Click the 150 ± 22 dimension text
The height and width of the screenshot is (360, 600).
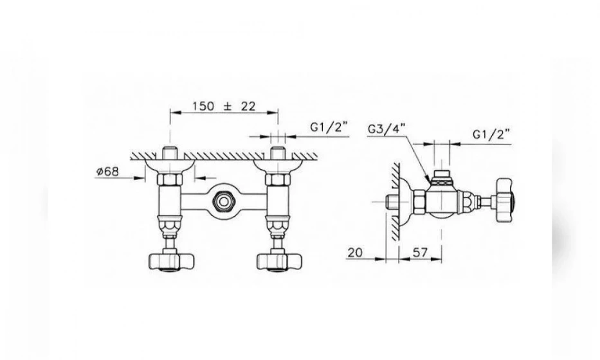[223, 106]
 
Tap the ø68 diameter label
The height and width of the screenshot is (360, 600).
[107, 172]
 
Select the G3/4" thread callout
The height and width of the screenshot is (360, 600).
[386, 129]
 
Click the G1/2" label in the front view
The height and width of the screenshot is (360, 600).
[329, 127]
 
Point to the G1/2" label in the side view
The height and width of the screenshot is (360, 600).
[492, 134]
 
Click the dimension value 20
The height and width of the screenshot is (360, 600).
[356, 253]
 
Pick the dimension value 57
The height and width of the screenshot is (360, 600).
[420, 253]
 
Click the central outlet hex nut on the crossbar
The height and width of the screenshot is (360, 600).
[223, 200]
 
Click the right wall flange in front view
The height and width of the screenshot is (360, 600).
[278, 166]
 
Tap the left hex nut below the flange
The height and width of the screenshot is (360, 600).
[170, 179]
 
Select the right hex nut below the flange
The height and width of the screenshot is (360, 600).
[278, 179]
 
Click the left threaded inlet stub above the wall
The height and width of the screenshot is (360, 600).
[170, 152]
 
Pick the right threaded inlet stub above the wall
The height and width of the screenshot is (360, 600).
[278, 152]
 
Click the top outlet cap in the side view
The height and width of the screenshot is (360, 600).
[442, 176]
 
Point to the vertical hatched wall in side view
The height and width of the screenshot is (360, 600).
[395, 201]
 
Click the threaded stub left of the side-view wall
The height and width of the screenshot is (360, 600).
[393, 201]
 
